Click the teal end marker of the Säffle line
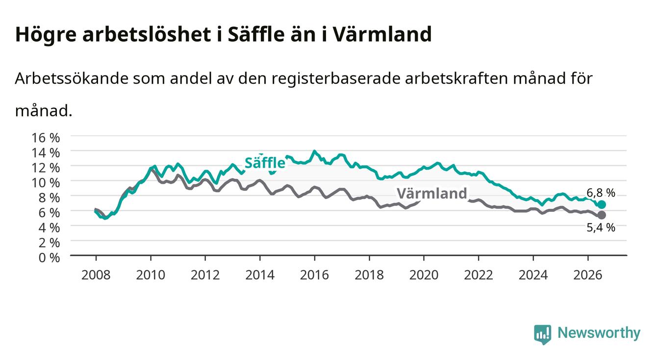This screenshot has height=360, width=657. point(602,205)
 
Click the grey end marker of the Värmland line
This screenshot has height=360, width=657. point(602,215)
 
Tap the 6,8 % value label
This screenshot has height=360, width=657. point(601,193)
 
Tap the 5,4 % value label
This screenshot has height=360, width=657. point(601,228)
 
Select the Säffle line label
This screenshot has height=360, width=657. point(265,163)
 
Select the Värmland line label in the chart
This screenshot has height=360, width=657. point(432,194)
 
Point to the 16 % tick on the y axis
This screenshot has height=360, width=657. point(46,138)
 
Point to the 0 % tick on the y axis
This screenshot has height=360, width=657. point(49,257)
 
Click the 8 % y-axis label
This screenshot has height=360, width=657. point(49,198)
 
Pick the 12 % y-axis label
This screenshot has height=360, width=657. point(46,168)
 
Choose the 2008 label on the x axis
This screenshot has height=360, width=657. point(96,275)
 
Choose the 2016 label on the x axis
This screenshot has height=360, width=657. point(314,275)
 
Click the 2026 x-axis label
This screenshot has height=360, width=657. point(588,275)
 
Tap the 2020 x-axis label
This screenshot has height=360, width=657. point(424,275)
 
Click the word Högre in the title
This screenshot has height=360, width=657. point(46,35)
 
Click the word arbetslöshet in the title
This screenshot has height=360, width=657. point(147,34)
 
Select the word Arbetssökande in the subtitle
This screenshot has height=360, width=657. point(72,78)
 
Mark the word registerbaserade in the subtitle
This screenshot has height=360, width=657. point(336,79)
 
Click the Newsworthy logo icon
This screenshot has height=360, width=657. point(543,334)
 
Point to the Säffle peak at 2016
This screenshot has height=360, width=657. point(314,152)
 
